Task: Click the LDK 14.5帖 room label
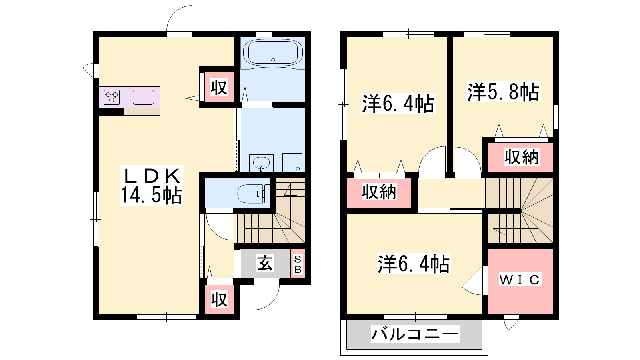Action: [152, 185]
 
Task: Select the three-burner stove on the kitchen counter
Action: [112, 97]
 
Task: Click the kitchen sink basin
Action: [144, 97]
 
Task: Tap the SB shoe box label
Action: [298, 264]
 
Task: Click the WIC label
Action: [520, 280]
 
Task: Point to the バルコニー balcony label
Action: [415, 334]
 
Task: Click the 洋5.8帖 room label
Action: [503, 92]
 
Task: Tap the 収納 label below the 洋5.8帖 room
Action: [522, 157]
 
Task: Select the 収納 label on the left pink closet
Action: [379, 192]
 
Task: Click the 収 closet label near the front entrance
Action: [220, 299]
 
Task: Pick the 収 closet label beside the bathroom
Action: [219, 88]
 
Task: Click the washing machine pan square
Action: [292, 163]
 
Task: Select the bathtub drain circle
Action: [273, 60]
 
